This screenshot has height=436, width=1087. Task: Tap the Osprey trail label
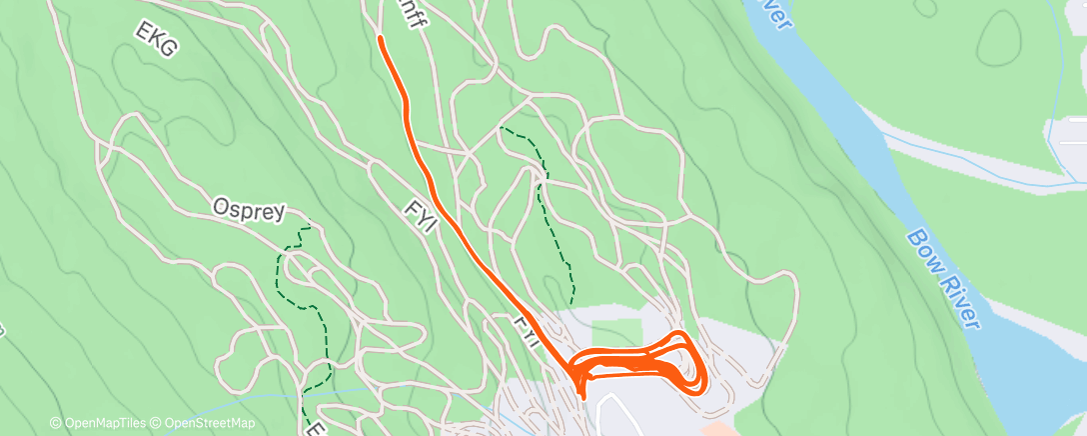[x=249, y=210]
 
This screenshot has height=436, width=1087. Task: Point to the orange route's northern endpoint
[x=381, y=38]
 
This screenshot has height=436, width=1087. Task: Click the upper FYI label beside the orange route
[x=420, y=215]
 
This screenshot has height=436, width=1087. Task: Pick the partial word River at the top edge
[x=771, y=12]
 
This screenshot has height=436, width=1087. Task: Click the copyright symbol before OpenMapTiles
[x=55, y=424]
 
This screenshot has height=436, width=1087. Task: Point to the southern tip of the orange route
[x=583, y=398]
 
